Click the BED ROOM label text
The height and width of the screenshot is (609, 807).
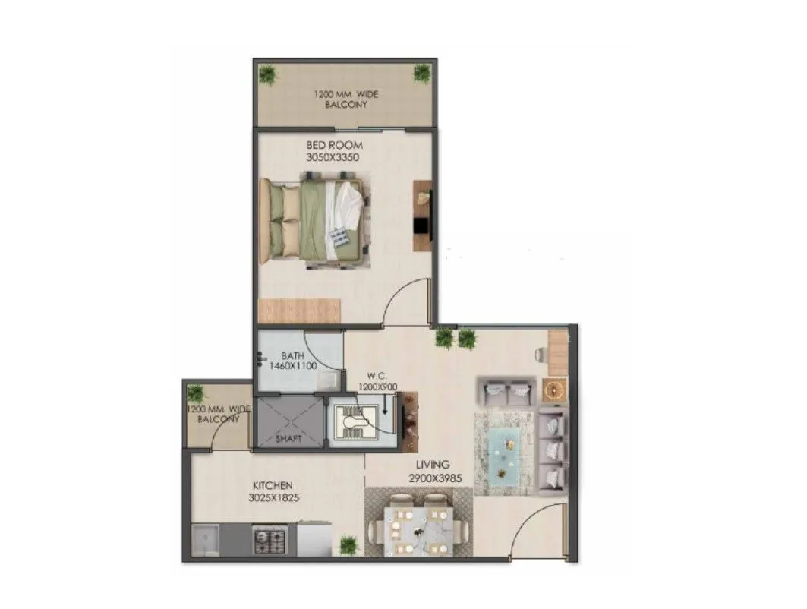[x=334, y=145]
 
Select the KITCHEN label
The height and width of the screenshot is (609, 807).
[x=272, y=485]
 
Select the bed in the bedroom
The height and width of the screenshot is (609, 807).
[x=314, y=220]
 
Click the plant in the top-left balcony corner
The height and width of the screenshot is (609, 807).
[x=266, y=74]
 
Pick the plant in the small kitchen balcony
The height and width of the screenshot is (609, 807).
[x=196, y=393]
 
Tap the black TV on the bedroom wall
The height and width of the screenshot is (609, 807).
[x=420, y=226]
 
